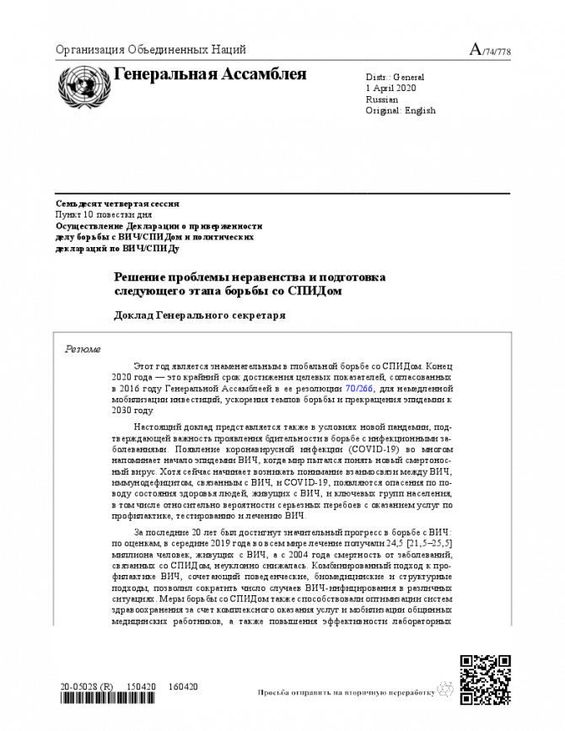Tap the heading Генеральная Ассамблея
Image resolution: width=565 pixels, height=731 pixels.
[x=210, y=74]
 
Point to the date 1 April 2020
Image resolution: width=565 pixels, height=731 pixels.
[x=392, y=88]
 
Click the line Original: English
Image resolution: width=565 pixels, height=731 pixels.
[x=401, y=110]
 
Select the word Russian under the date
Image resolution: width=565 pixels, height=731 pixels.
[x=382, y=99]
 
